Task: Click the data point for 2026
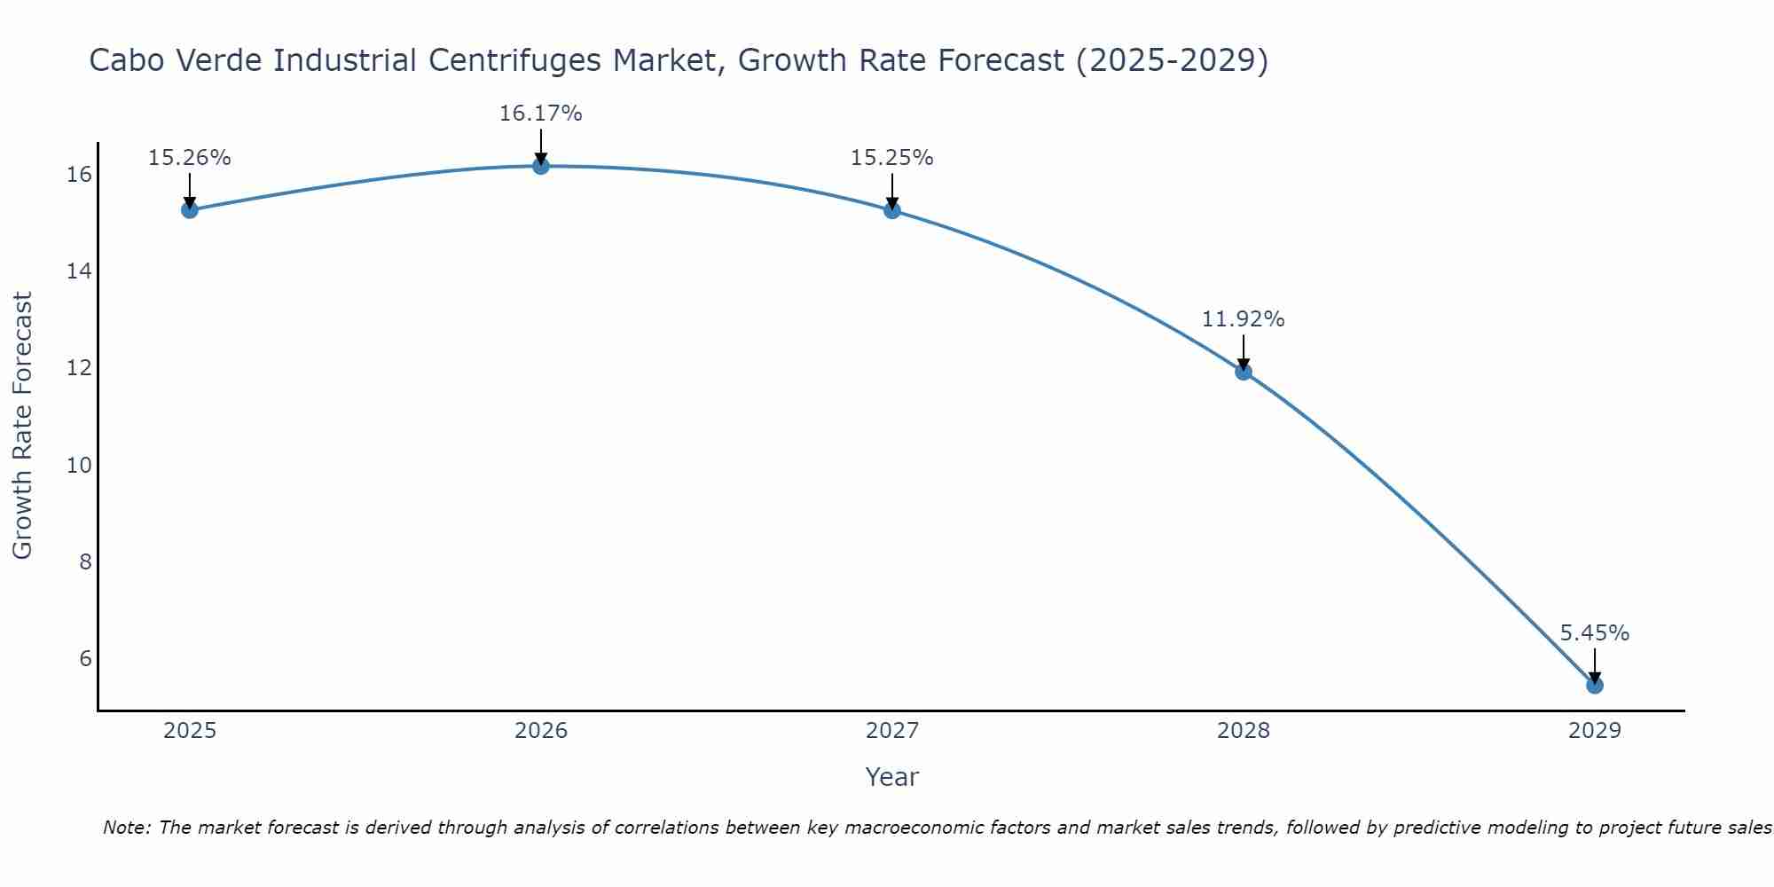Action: pos(541,166)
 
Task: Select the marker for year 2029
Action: pos(1594,685)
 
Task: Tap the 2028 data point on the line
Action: pos(1244,372)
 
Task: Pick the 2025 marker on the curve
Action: pos(190,210)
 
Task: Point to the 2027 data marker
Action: pos(892,210)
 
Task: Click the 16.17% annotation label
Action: pos(540,114)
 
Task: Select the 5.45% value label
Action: pos(1594,633)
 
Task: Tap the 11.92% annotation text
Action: pos(1243,319)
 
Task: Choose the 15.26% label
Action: pos(189,158)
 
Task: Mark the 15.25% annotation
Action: pos(891,158)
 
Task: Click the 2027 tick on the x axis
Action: pos(892,731)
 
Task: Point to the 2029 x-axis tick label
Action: pos(1594,731)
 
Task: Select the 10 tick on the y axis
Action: pos(79,465)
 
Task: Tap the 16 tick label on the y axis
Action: pos(79,174)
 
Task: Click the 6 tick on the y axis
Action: pos(85,658)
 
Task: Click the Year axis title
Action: pos(891,777)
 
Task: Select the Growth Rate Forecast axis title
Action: pos(23,425)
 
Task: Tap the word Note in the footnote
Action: pos(127,828)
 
